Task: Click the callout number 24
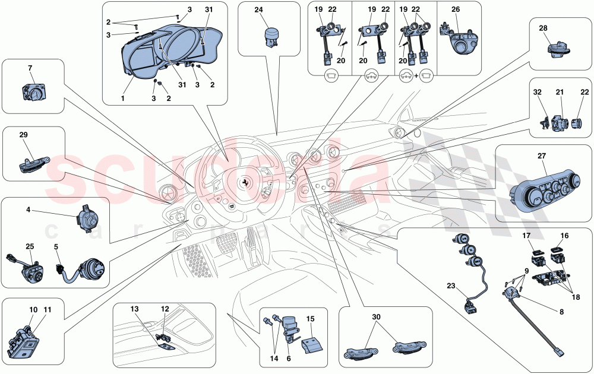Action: tap(258, 9)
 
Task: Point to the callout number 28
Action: tap(544, 28)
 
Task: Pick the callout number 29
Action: tap(23, 135)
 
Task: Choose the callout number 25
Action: tap(30, 246)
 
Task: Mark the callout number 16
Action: tap(564, 236)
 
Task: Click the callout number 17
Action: tap(526, 236)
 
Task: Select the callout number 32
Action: tap(537, 93)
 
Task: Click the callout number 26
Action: tap(456, 9)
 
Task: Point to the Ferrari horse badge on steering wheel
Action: tap(243, 180)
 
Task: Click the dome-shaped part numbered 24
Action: tap(271, 33)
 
